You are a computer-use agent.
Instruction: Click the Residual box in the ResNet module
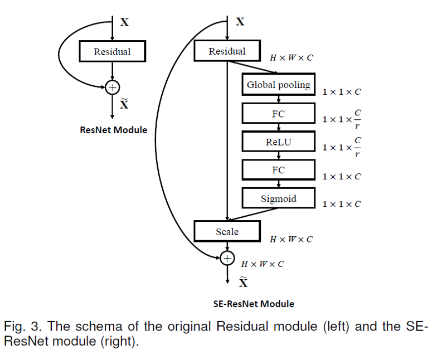(x=113, y=52)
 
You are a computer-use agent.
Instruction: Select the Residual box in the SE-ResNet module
(x=227, y=51)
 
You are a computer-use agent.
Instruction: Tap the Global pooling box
(x=278, y=85)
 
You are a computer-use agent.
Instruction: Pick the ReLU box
(x=278, y=142)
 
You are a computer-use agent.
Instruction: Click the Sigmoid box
(x=278, y=198)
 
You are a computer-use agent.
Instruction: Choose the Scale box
(x=227, y=231)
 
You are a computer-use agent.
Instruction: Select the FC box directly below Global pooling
(x=278, y=114)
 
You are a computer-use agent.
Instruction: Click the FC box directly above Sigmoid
(x=278, y=171)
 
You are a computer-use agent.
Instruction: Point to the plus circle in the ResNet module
(x=113, y=86)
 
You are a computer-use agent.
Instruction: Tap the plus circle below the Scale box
(x=227, y=257)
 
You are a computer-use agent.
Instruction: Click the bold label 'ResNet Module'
(x=113, y=130)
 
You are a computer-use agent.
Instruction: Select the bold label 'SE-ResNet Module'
(x=254, y=304)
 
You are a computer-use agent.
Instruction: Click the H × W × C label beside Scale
(x=292, y=240)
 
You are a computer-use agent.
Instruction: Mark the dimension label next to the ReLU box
(x=342, y=148)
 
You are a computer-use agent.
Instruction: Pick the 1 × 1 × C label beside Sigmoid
(x=342, y=205)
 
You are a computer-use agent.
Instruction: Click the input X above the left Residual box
(x=125, y=22)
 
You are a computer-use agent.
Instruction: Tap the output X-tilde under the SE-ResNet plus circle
(x=243, y=283)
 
